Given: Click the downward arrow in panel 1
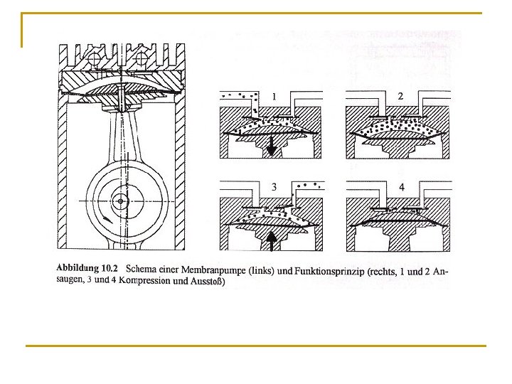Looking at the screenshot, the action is [271, 147].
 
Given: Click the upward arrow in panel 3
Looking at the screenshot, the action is [271, 242].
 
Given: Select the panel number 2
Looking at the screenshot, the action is [400, 95].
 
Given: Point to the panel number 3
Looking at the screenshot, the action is [274, 187].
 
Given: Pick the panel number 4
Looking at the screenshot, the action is [401, 187].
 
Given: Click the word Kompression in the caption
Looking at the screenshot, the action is [146, 281].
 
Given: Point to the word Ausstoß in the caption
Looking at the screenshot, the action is [207, 281].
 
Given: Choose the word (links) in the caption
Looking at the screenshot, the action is [258, 270].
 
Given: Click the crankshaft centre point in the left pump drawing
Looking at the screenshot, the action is [122, 202].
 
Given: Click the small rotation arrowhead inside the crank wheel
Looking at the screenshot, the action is [106, 216].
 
